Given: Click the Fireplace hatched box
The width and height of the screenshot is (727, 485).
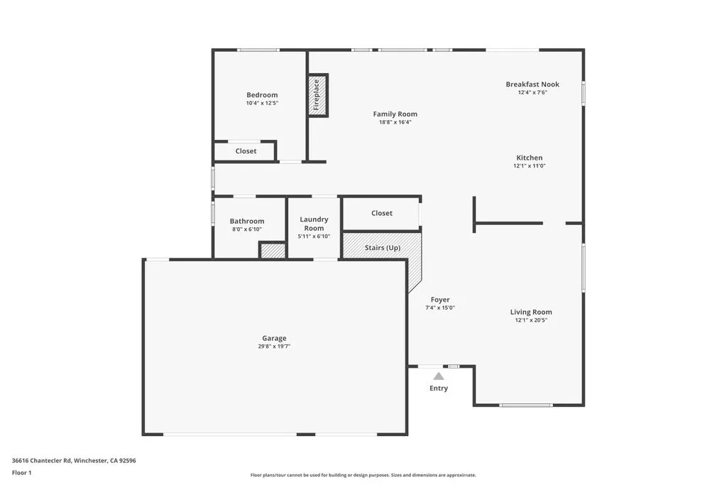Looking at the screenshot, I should (317, 95).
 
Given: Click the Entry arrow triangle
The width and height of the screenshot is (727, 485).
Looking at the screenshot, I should (439, 376).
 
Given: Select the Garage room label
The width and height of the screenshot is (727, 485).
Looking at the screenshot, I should (274, 338).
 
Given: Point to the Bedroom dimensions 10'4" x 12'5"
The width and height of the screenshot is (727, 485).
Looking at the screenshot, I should (262, 103).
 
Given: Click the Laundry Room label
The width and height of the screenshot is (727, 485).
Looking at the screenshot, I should (314, 224).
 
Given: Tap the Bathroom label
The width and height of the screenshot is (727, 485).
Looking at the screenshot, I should (247, 221).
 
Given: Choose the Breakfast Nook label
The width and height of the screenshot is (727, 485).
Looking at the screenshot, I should (532, 84).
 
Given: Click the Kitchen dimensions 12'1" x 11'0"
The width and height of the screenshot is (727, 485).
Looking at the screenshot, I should (529, 166).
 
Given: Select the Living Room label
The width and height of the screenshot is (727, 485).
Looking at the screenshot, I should (531, 312).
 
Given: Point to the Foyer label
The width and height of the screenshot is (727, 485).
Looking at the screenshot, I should (440, 300).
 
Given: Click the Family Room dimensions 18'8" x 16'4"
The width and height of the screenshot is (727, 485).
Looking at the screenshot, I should (395, 122).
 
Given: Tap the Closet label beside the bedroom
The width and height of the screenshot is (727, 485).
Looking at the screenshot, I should (246, 151).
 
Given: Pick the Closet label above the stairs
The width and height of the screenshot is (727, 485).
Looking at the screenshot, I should (382, 213).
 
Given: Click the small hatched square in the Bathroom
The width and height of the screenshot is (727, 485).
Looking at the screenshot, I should (272, 251).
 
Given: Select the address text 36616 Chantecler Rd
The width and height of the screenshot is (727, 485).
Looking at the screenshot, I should (43, 460).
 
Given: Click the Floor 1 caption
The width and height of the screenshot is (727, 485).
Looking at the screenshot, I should (22, 472).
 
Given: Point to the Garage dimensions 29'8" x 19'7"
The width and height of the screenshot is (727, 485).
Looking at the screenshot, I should (274, 347).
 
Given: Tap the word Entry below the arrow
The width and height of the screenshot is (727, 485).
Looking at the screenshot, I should (439, 388).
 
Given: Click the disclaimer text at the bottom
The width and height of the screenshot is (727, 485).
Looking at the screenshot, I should (363, 475).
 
